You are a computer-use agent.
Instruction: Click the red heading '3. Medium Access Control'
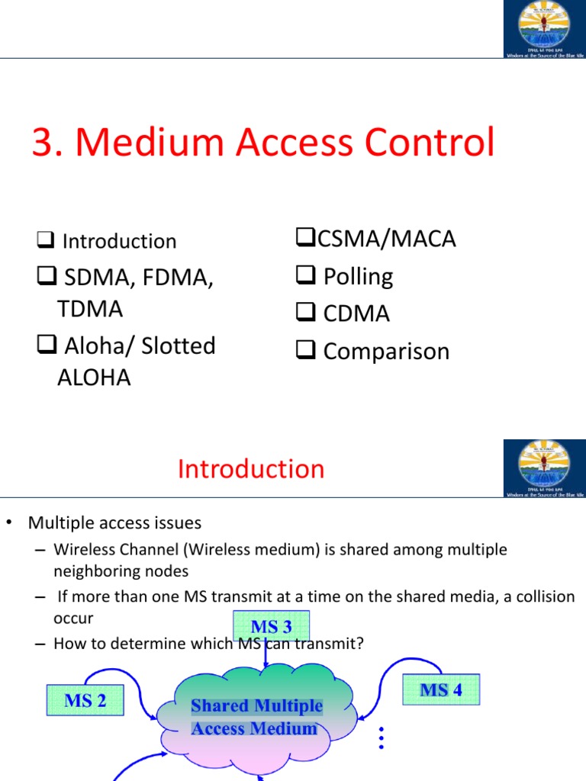tap(263, 143)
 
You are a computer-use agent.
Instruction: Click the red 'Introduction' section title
tap(251, 468)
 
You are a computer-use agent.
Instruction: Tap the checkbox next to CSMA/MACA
tap(302, 239)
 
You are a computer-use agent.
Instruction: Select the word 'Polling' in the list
tap(358, 276)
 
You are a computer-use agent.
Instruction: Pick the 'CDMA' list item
tap(356, 313)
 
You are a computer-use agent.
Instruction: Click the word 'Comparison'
tap(386, 351)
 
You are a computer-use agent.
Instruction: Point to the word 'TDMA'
tap(90, 309)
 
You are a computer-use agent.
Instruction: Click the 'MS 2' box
tap(85, 700)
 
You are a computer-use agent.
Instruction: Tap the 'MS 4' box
tap(441, 689)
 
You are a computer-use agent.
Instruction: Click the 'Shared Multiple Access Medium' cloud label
tap(256, 717)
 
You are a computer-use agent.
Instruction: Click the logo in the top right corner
tap(544, 29)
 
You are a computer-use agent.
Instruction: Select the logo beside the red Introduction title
tap(544, 468)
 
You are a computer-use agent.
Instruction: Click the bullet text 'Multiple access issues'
tap(114, 523)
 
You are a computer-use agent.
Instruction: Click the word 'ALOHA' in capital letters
tap(94, 378)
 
